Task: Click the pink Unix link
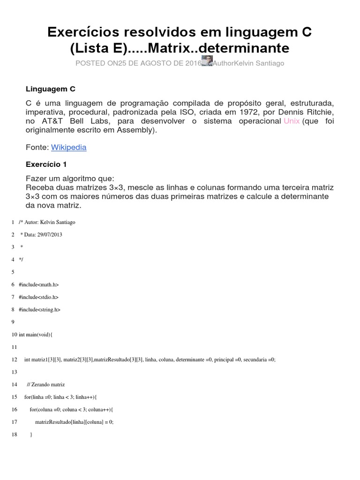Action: click(292, 121)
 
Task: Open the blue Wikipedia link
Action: click(69, 147)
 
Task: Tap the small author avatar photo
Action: click(207, 61)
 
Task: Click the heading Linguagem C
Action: click(51, 89)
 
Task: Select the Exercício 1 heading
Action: click(49, 164)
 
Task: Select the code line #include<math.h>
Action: click(39, 285)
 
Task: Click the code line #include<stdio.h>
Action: click(39, 297)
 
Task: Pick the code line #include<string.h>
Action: click(40, 309)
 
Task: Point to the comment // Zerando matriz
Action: click(46, 384)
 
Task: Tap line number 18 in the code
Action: click(15, 435)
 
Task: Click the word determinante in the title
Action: click(251, 48)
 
